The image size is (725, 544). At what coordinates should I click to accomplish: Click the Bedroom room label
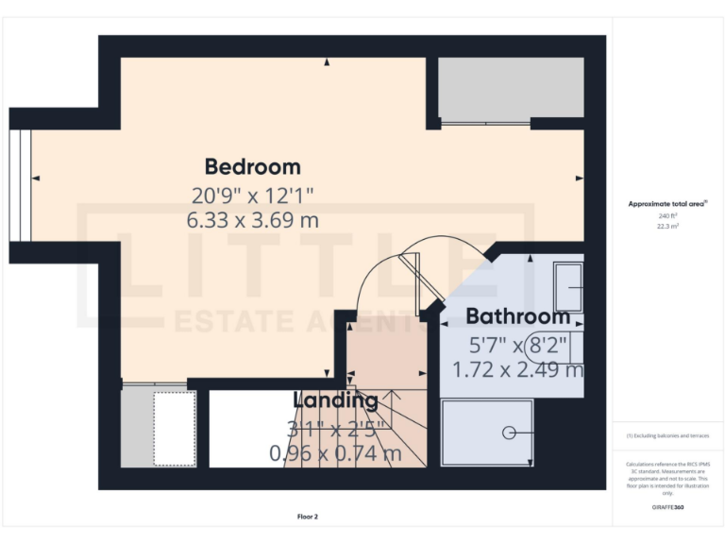pyautogui.click(x=253, y=167)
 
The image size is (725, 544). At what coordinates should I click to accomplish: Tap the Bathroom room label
pyautogui.click(x=517, y=316)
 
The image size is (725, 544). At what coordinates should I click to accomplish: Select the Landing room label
pyautogui.click(x=335, y=400)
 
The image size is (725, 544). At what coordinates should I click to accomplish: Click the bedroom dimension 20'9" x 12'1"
pyautogui.click(x=253, y=196)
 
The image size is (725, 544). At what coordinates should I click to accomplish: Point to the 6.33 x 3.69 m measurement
pyautogui.click(x=253, y=221)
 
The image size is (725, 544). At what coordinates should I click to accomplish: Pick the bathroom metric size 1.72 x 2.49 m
pyautogui.click(x=518, y=369)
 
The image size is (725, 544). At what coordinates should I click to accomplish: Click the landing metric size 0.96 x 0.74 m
pyautogui.click(x=335, y=453)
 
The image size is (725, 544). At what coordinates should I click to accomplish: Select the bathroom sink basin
pyautogui.click(x=568, y=280)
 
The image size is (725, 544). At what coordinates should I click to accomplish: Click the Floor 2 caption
pyautogui.click(x=309, y=517)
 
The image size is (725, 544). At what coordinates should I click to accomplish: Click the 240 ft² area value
pyautogui.click(x=668, y=216)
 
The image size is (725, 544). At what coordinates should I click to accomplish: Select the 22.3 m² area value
pyautogui.click(x=668, y=227)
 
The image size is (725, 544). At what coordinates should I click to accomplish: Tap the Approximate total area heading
pyautogui.click(x=667, y=204)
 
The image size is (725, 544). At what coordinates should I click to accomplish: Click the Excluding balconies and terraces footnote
pyautogui.click(x=667, y=435)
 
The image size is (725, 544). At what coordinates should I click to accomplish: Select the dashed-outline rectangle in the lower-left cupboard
pyautogui.click(x=175, y=428)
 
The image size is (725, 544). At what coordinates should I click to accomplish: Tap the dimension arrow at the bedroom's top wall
pyautogui.click(x=327, y=62)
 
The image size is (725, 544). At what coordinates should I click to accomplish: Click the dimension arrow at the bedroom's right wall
pyautogui.click(x=579, y=178)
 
